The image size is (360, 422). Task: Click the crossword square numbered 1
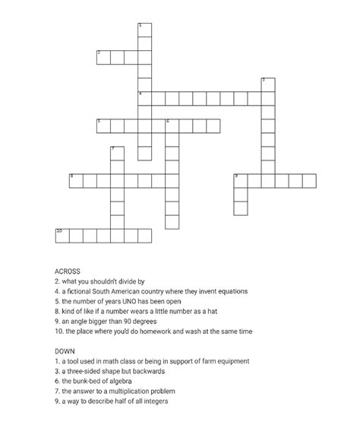[145, 30]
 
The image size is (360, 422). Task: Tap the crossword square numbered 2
[104, 57]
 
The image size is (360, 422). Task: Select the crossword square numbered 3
[267, 84]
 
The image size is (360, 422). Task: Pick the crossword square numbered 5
[104, 125]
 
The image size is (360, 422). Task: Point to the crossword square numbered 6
[172, 125]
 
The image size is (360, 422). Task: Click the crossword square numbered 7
[118, 153]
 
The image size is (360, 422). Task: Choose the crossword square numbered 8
[77, 180]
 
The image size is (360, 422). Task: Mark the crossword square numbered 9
[241, 180]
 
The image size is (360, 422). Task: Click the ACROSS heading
[68, 271]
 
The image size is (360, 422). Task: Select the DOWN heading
[65, 351]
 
